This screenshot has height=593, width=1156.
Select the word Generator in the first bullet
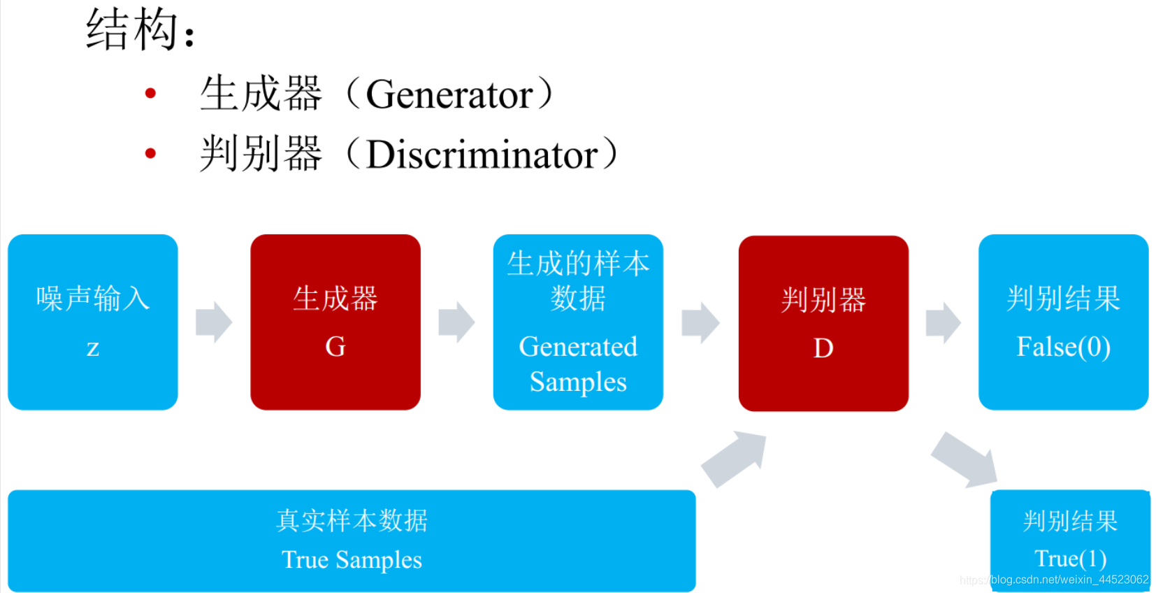(449, 94)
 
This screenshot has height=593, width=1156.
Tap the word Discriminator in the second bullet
(482, 155)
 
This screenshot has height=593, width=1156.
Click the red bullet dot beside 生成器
(150, 93)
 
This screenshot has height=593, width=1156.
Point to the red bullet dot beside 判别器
(150, 153)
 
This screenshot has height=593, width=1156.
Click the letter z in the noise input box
(93, 348)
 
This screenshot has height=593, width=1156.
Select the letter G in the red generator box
(335, 347)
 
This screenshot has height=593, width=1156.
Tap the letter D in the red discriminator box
(823, 348)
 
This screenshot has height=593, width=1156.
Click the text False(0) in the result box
(1063, 347)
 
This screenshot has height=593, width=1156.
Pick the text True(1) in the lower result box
(1070, 559)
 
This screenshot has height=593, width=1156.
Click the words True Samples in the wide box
(352, 560)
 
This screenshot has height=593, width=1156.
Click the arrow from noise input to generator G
(214, 322)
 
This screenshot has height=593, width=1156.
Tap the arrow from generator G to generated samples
(456, 322)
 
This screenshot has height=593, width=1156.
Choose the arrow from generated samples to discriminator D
(700, 323)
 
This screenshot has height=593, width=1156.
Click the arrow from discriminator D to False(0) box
(944, 323)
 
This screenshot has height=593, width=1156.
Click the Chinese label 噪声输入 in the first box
(93, 299)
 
